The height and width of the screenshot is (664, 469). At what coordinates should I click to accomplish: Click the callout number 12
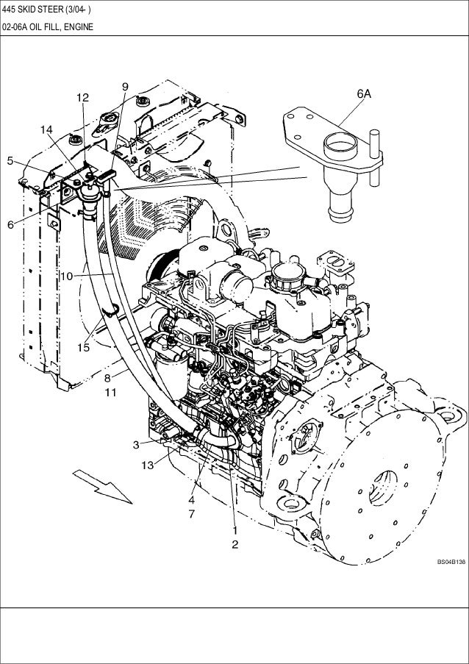pos(82,98)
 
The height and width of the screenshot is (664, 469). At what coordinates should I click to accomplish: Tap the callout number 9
pos(125,87)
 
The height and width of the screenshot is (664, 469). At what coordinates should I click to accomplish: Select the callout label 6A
pos(364,94)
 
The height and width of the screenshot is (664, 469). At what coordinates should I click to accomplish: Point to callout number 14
pos(46,129)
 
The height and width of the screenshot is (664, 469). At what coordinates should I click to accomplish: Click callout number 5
pos(10,160)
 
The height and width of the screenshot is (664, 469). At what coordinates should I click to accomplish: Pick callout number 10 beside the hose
pos(66,276)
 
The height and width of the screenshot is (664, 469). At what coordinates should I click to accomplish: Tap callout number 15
pos(83,348)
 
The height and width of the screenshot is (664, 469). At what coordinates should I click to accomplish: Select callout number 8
pos(107,378)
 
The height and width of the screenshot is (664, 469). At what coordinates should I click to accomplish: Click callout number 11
pos(110,393)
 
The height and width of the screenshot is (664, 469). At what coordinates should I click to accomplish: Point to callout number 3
pos(136,444)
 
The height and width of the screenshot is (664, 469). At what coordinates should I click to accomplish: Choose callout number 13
pos(148,465)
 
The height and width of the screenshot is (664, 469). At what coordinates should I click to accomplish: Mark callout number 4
pos(192,498)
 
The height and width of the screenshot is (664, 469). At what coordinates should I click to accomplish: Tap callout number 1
pos(234,529)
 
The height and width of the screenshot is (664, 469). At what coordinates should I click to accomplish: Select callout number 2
pos(234,545)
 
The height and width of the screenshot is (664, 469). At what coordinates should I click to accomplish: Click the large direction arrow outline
pos(104,485)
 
